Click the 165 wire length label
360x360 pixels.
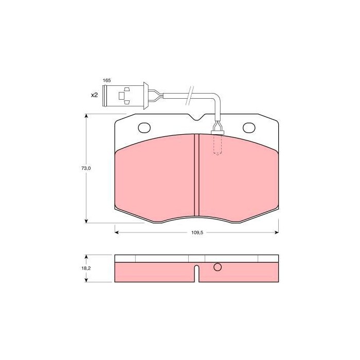[106, 81]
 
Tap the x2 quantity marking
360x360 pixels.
[94, 96]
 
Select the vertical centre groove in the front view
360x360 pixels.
[195, 175]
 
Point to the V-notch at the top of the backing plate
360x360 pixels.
[196, 119]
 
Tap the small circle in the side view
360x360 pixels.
[217, 267]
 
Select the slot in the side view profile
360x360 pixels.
[196, 273]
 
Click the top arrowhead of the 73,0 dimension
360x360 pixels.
[86, 117]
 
